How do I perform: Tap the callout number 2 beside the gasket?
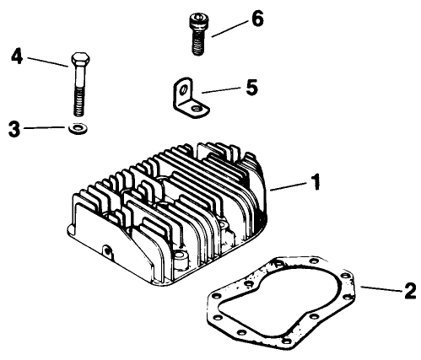pos(409,292)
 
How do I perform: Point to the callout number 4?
pos(16,56)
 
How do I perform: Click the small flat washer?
pos(77,128)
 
